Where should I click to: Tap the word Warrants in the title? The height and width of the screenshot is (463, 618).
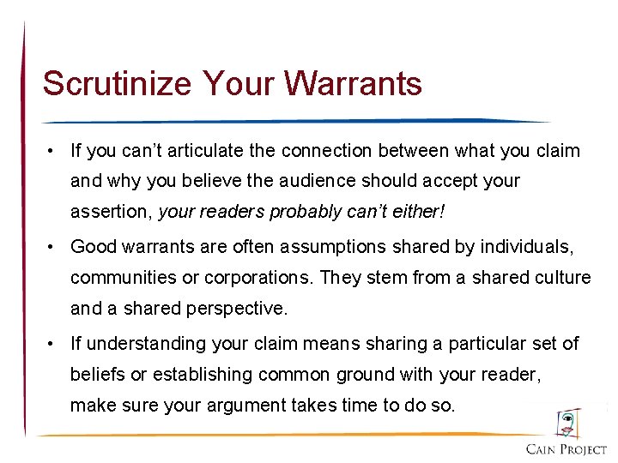coord(354,84)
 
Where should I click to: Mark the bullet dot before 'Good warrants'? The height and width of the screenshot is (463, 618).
coord(52,248)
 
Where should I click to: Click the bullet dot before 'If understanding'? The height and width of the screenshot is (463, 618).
coord(52,345)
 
